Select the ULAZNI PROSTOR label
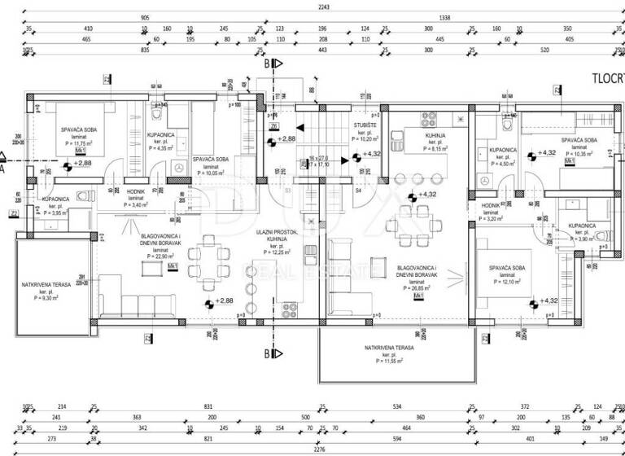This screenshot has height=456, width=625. pyautogui.click(x=277, y=232)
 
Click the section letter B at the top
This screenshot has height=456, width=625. pyautogui.click(x=266, y=61)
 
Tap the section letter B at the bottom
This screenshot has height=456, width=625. pyautogui.click(x=266, y=353)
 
